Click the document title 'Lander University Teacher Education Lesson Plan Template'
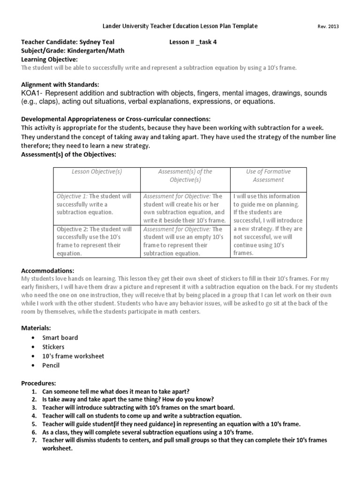pyautogui.click(x=180, y=26)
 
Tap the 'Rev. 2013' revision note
pyautogui.click(x=328, y=27)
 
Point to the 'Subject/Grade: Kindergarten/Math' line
pyautogui.click(x=73, y=51)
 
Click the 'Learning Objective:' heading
pyautogui.click(x=50, y=59)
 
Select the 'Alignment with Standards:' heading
pyautogui.click(x=60, y=84)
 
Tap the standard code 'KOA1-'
pyautogui.click(x=32, y=93)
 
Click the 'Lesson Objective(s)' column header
pyautogui.click(x=97, y=172)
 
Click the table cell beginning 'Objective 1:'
pyautogui.click(x=97, y=204)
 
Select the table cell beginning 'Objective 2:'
pyautogui.click(x=97, y=241)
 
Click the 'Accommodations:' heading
pyautogui.click(x=48, y=271)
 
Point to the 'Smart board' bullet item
pyautogui.click(x=60, y=337)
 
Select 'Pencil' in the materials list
pyautogui.click(x=51, y=365)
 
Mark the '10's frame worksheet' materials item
pyautogui.click(x=73, y=356)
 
